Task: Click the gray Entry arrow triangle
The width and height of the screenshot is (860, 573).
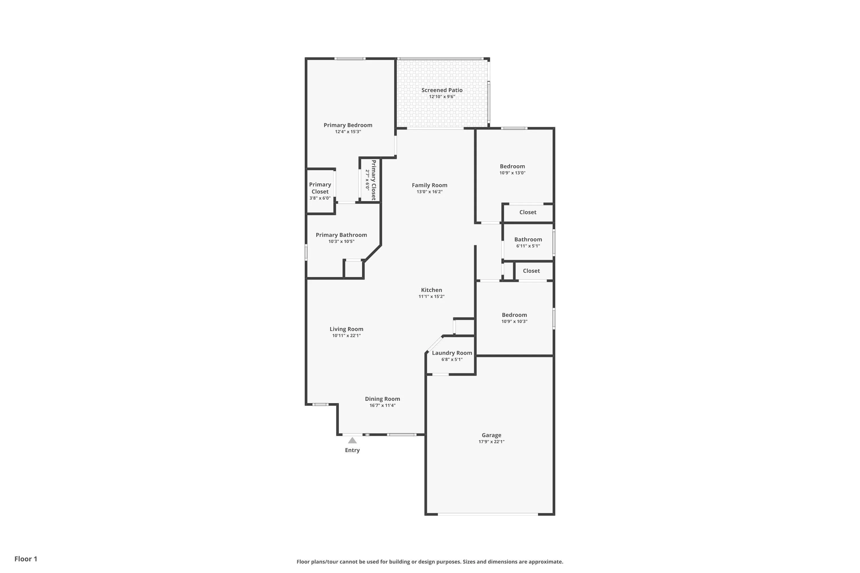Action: click(x=352, y=440)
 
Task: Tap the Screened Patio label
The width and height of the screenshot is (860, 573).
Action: click(x=442, y=90)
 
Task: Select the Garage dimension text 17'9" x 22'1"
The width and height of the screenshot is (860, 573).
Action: click(x=491, y=441)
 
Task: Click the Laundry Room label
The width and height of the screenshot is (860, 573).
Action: click(x=452, y=353)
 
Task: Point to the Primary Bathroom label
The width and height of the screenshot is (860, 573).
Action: click(x=341, y=235)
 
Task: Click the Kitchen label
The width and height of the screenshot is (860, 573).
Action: click(x=431, y=290)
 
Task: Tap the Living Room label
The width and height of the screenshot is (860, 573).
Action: click(x=346, y=329)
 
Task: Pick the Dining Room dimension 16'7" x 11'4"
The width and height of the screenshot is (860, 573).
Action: click(x=382, y=405)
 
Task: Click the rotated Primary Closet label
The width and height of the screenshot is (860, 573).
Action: click(x=373, y=180)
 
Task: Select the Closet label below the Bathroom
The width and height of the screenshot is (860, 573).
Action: click(x=531, y=271)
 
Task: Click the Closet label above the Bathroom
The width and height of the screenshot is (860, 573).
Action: click(x=528, y=212)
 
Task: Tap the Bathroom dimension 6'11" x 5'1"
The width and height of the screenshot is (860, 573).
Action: click(x=528, y=246)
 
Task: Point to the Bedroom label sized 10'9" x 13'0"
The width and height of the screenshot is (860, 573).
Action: click(x=512, y=166)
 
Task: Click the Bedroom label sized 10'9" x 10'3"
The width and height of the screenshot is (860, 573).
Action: click(x=514, y=315)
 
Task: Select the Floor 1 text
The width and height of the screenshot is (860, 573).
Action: click(x=26, y=559)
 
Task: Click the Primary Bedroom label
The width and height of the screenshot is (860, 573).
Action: click(x=348, y=125)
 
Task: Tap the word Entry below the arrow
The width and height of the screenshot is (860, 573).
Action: click(x=352, y=450)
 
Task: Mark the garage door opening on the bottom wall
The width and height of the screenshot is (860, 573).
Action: click(x=488, y=514)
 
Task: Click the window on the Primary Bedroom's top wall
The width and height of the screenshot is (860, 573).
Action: click(x=350, y=58)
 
